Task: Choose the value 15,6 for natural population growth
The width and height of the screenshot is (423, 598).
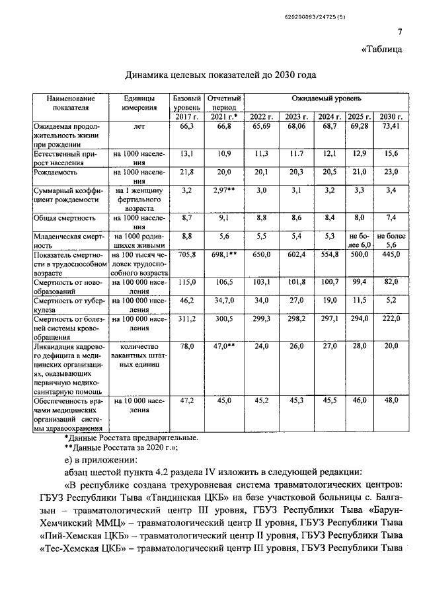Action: (391, 153)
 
